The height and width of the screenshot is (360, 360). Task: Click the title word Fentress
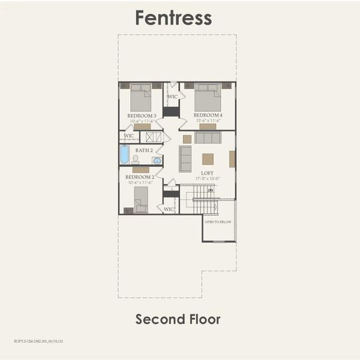pos(173,17)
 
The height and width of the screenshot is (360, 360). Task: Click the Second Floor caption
pos(178,319)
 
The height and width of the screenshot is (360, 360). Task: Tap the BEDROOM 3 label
pos(142,115)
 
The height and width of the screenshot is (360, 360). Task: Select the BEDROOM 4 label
pos(208,115)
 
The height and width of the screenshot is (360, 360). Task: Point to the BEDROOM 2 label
pos(140,178)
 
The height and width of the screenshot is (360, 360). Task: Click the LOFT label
pos(207,173)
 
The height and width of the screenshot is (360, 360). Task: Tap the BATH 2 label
pos(144,150)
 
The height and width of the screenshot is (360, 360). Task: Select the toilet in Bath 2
pos(136,160)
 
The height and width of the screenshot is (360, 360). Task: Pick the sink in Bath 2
pos(157,160)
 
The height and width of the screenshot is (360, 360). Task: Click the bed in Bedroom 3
pos(141,97)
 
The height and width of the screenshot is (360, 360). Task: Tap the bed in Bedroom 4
pos(208,97)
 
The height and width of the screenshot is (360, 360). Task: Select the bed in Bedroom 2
pos(141,199)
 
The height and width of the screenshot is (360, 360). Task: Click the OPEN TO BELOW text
pos(218,222)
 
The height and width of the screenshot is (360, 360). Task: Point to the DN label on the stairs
pos(210,190)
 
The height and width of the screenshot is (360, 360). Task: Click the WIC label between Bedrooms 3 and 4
pos(172,97)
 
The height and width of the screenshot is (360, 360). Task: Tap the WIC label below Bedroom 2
pos(169,209)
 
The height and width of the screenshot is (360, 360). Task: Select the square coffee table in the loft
pos(208,158)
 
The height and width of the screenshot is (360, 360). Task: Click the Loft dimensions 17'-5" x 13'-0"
pos(207,178)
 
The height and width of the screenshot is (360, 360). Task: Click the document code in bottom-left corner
pos(38,341)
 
